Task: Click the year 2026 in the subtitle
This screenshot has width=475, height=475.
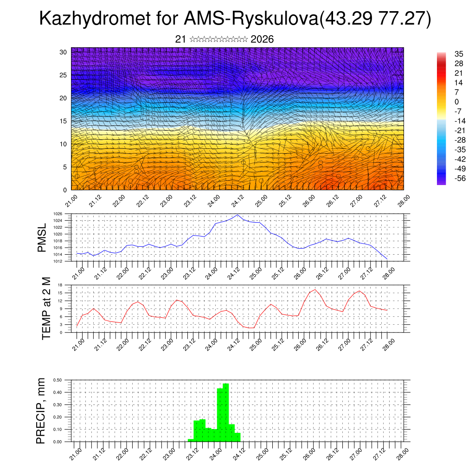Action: pos(262,39)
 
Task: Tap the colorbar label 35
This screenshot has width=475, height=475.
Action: pos(459,54)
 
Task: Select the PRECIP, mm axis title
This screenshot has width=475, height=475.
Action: pos(42,410)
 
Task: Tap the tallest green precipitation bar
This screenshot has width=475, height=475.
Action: pos(226,412)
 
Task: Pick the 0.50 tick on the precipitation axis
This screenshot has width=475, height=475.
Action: pos(58,380)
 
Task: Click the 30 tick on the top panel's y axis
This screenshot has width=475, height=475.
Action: pos(63,52)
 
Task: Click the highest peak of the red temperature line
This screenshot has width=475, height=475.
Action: pos(315,289)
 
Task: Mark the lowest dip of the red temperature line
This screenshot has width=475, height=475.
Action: pos(251,328)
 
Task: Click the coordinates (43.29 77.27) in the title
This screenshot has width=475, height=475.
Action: pos(376,19)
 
